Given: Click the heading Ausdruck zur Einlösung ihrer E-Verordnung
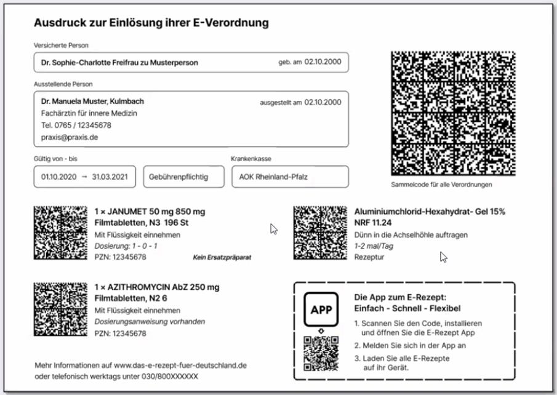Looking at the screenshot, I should (151, 23).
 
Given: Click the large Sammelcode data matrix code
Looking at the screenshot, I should (452, 113).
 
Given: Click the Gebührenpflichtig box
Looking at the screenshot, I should (178, 177).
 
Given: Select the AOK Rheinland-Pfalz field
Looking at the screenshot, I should (289, 177).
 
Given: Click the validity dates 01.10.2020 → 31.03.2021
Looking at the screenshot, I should (84, 177).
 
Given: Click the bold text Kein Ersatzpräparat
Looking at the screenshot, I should (223, 257).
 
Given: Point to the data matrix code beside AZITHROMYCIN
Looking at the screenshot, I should (60, 309).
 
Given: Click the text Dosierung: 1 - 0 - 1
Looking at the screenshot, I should (126, 246).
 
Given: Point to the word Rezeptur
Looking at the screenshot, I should (369, 257).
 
